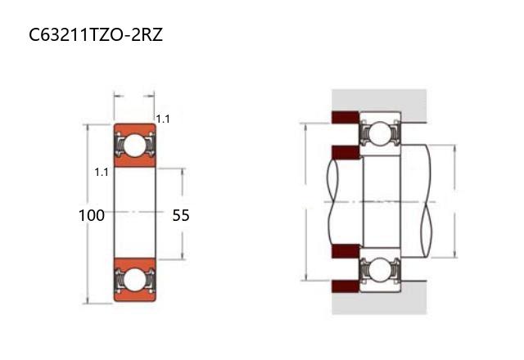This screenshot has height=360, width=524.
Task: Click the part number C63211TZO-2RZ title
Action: pos(96,34)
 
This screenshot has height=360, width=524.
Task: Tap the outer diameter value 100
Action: pos(92,215)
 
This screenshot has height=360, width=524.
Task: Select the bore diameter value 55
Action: pos(181,215)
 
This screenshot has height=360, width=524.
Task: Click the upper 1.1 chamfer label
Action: pos(163,119)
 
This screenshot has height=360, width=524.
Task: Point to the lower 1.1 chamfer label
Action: pos(102,173)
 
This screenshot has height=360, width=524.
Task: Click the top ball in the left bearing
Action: pos(134,146)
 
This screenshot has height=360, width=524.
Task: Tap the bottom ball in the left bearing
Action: pos(134,280)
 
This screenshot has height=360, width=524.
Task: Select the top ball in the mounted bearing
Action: pos(380,133)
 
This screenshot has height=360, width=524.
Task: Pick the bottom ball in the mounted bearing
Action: pos(380,269)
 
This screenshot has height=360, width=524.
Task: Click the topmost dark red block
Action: pos(346,117)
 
